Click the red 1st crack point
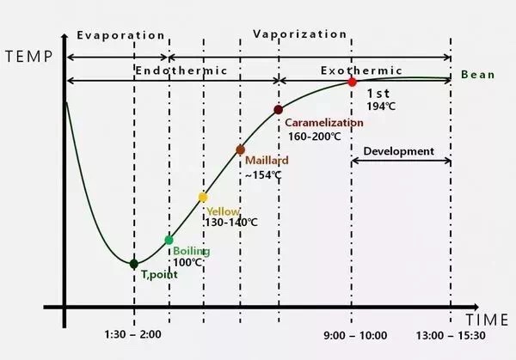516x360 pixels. (x=352, y=82)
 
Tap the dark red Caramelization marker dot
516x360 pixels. (x=278, y=110)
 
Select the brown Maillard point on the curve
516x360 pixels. (x=241, y=149)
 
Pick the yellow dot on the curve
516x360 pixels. (x=203, y=197)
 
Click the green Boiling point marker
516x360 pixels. (x=169, y=241)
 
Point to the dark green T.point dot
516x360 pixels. (x=133, y=264)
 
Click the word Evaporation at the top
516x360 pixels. (x=120, y=35)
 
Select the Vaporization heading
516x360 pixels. (x=300, y=35)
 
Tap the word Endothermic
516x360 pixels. (x=181, y=70)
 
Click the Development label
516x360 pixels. (x=399, y=151)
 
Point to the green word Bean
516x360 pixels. (x=478, y=75)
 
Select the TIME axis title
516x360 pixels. (x=488, y=320)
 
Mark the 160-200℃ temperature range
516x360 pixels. (x=314, y=137)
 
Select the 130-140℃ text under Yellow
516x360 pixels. (x=231, y=223)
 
